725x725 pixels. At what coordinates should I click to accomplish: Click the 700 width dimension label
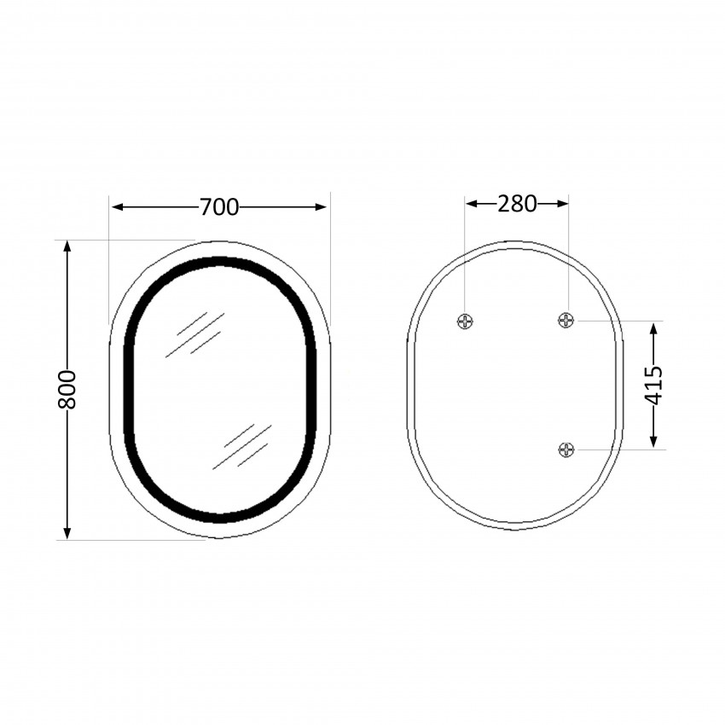pos(219,206)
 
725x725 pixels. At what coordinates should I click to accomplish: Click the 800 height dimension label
pos(67,389)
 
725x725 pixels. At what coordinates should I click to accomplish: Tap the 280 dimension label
pos(517,204)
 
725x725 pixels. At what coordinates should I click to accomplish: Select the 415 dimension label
pos(653,385)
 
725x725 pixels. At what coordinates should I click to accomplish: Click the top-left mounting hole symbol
pos(465,321)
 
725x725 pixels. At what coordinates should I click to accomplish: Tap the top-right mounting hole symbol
pos(567,320)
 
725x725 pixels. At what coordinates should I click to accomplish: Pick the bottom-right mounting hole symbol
pos(567,449)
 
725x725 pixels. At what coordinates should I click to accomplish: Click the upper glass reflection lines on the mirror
pos(194,334)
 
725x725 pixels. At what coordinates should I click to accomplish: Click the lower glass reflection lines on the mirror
pos(242,446)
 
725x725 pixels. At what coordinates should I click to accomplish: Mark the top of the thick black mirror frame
pos(220,261)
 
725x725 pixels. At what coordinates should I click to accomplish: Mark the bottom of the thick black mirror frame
pos(220,516)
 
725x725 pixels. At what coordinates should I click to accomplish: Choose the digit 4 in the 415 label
pos(653,398)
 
